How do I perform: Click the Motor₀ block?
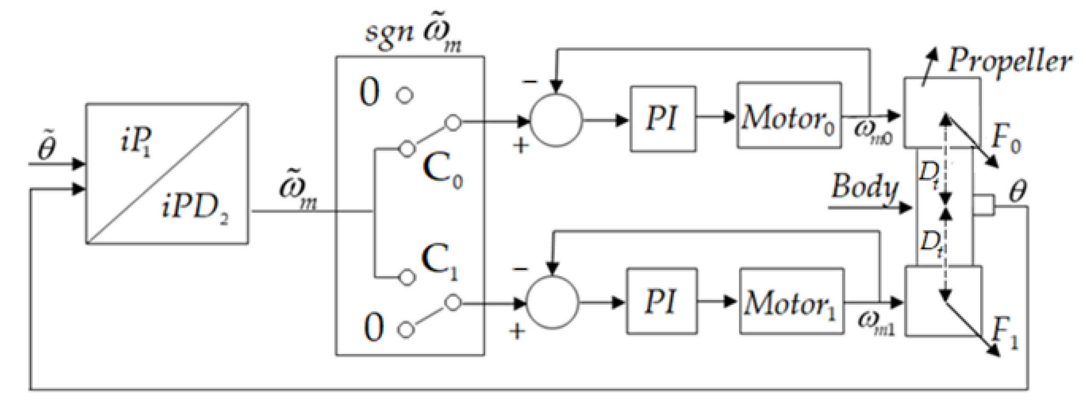point(789,116)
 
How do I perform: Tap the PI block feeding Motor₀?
point(663,118)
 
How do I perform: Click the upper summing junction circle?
point(556,121)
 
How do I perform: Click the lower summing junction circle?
point(553,303)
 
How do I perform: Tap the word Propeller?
point(1009,62)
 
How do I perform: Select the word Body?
point(864,188)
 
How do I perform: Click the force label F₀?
point(1005,141)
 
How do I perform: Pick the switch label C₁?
point(439,263)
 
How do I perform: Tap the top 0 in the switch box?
point(369,93)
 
